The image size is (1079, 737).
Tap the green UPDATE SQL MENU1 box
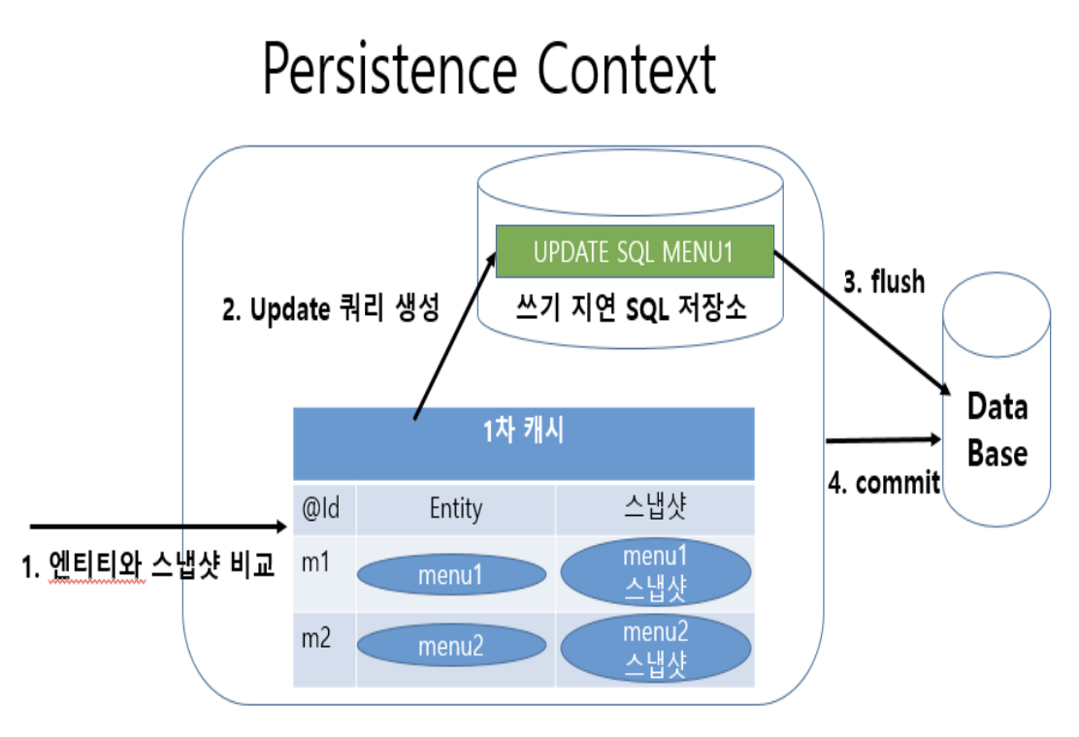tap(634, 252)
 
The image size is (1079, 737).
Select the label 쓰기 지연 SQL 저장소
tap(634, 309)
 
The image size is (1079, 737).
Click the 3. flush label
tap(883, 282)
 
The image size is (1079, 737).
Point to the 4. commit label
tap(884, 482)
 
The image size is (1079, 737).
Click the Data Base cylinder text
tap(997, 430)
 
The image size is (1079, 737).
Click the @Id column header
tap(322, 508)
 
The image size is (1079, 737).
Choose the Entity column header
tap(455, 508)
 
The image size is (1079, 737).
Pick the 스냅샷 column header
tap(655, 508)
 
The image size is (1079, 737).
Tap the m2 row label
tap(317, 638)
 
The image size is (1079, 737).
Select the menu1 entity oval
tap(450, 575)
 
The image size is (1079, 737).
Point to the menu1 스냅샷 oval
tap(655, 574)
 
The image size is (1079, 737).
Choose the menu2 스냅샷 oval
tap(655, 648)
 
